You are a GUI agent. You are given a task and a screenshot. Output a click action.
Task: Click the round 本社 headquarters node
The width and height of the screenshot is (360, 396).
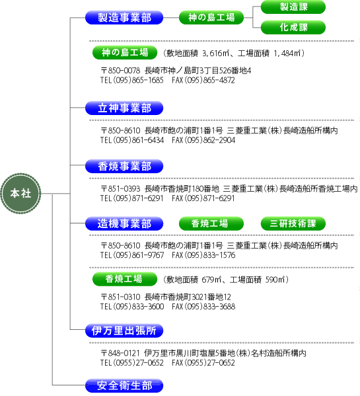20,194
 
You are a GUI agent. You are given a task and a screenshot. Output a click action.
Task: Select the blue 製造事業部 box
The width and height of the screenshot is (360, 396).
124,18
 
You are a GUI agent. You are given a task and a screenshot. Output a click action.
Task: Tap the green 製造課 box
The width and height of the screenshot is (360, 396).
293,7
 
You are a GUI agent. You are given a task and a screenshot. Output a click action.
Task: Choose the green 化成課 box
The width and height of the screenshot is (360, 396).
293,27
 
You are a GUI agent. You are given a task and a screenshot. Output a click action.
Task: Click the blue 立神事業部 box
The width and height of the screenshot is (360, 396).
124,108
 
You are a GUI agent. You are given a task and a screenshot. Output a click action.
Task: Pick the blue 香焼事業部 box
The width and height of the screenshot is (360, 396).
124,166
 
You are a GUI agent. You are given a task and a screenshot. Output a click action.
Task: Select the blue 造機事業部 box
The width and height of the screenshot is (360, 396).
124,223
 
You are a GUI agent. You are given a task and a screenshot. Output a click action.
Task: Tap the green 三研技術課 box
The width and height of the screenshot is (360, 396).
293,223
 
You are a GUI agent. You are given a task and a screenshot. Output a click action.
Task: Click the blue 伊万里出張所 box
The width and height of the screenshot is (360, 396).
124,331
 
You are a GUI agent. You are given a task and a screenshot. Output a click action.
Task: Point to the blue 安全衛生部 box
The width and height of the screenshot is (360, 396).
124,385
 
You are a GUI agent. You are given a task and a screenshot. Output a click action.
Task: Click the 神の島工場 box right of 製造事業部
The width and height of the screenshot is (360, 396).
211,17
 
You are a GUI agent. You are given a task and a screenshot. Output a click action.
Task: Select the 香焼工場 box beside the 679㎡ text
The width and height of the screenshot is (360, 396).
125,279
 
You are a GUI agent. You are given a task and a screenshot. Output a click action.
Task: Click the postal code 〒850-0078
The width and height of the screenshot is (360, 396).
120,71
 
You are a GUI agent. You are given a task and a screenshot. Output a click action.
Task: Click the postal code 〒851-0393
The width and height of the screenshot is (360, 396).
120,188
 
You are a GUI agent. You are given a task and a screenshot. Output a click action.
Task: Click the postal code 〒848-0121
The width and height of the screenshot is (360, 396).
120,353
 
